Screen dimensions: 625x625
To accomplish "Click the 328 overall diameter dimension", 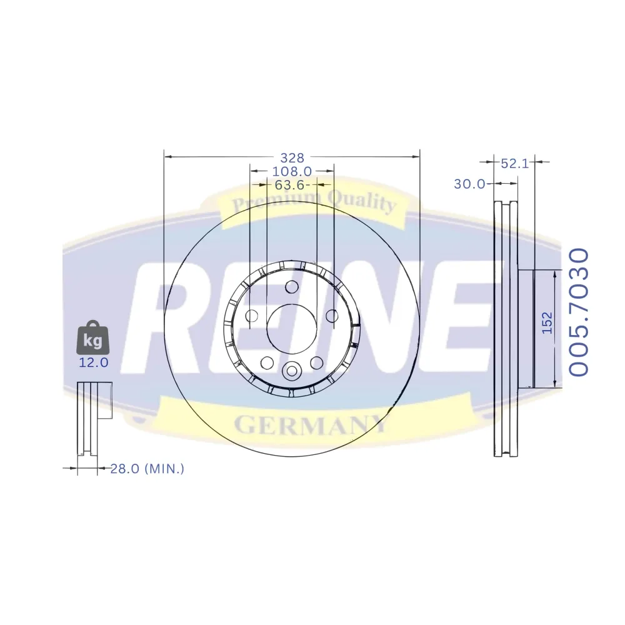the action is (x=292, y=158).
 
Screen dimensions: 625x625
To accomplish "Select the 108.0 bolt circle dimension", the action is (x=292, y=171).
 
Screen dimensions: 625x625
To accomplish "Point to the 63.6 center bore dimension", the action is (x=290, y=185).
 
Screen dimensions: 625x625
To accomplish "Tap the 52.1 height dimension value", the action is (x=514, y=163).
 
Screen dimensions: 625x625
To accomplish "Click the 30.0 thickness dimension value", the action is (x=469, y=184).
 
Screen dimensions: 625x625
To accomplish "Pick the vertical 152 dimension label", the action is (x=547, y=323).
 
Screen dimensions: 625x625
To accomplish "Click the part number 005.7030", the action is (x=578, y=312).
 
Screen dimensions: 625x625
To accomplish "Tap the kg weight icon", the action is (x=93, y=337).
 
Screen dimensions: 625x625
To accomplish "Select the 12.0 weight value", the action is (x=94, y=362).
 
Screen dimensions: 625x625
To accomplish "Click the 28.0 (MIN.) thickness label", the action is (x=147, y=468).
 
